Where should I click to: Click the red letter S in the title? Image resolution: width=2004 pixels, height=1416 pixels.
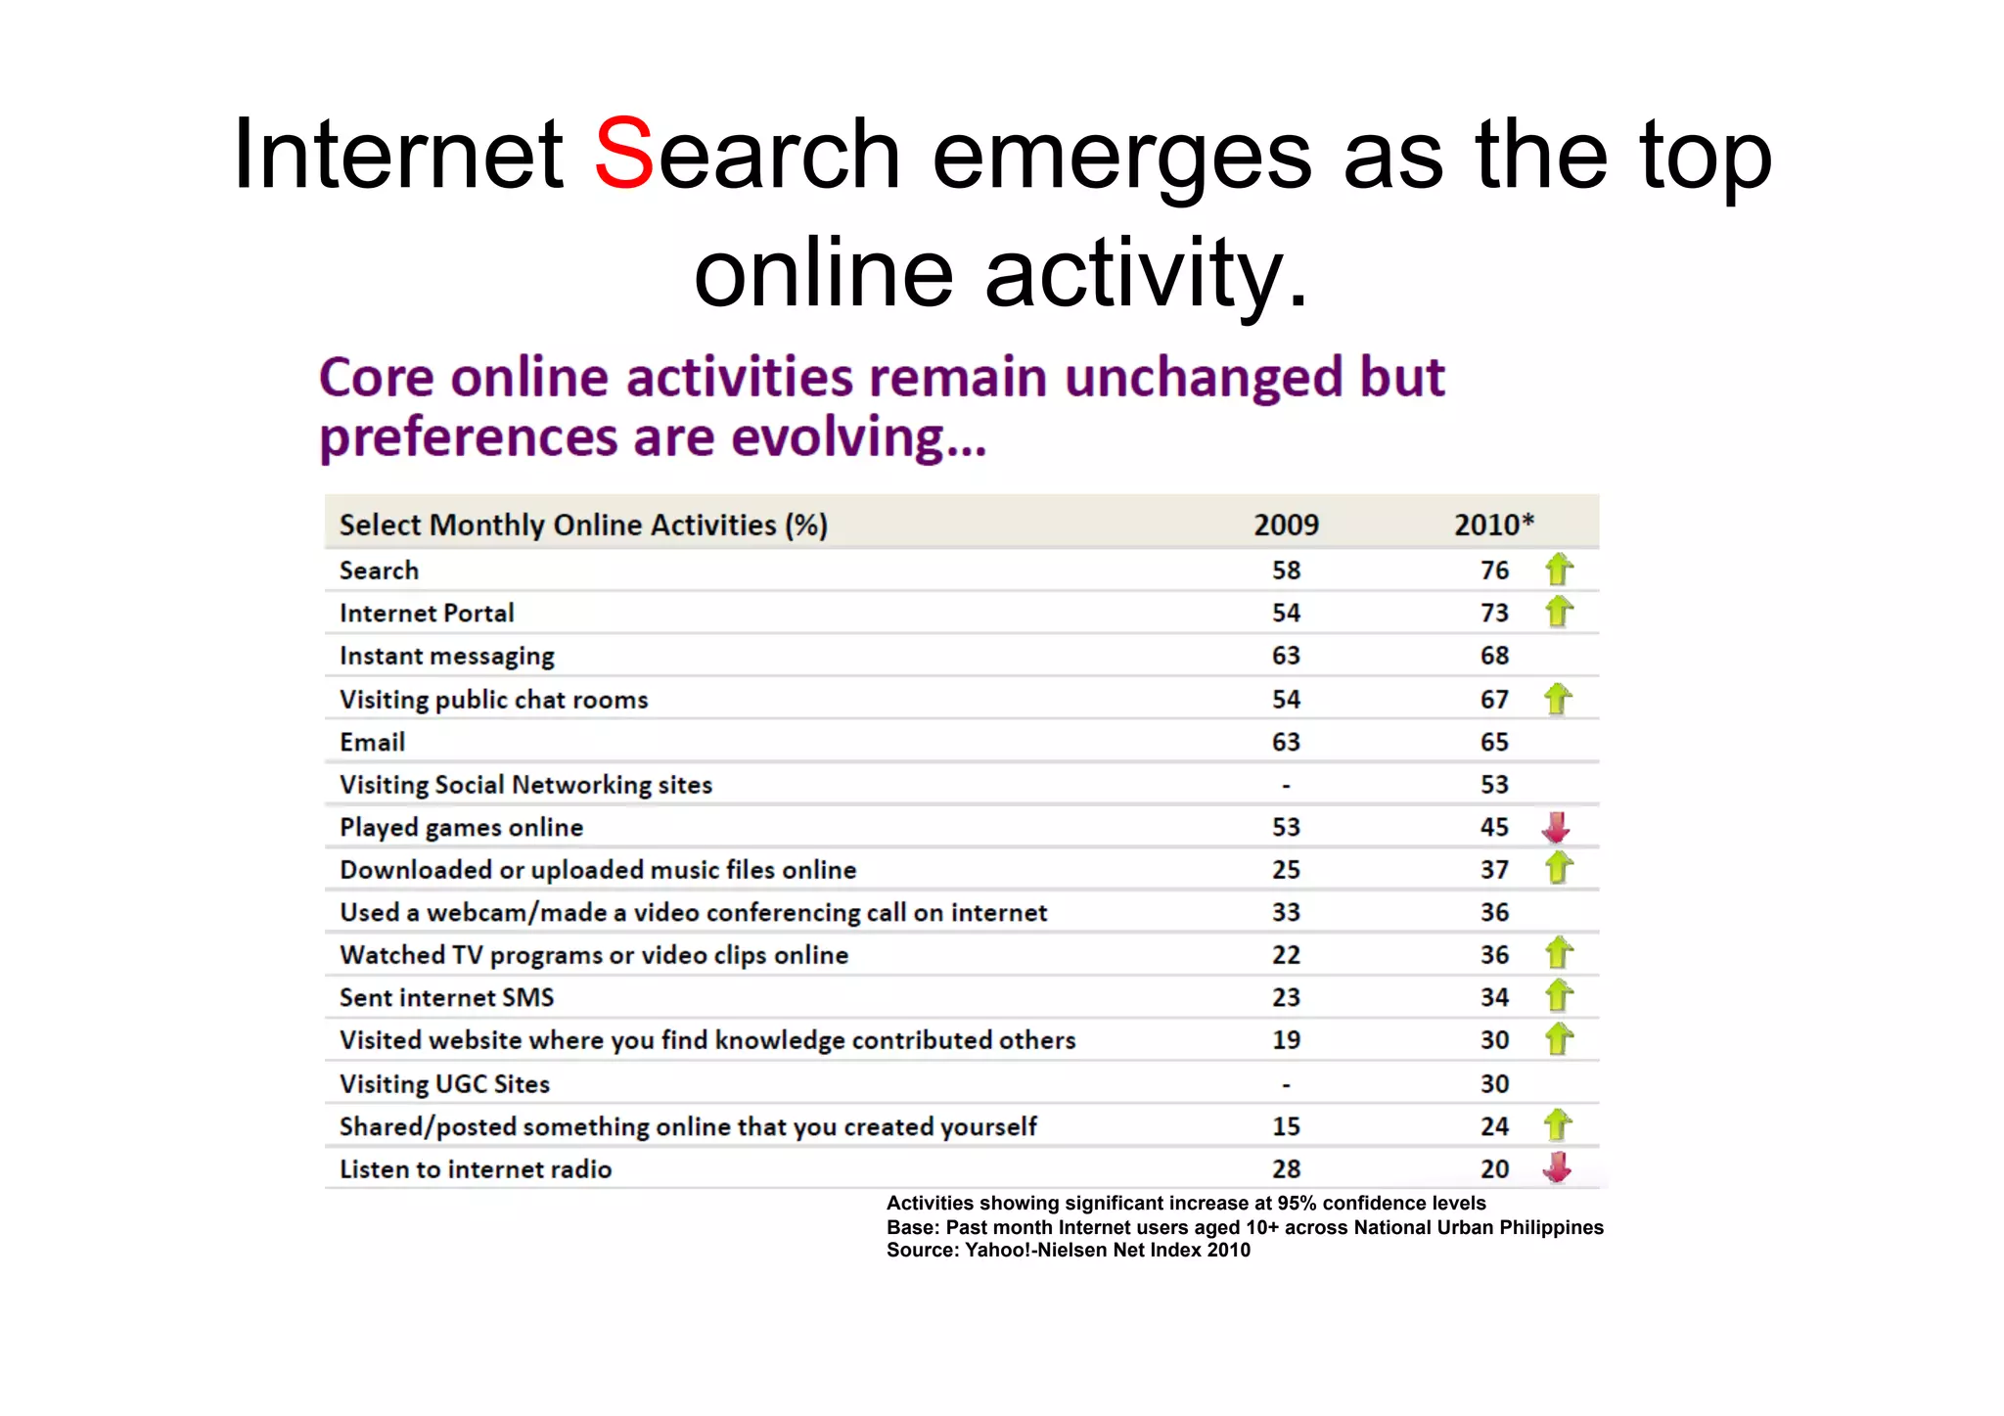click(x=623, y=154)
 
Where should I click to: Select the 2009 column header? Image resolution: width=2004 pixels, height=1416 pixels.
click(x=1286, y=525)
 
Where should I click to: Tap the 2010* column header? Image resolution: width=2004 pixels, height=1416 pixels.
click(x=1493, y=525)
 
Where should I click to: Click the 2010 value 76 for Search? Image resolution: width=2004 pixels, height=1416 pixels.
click(x=1494, y=571)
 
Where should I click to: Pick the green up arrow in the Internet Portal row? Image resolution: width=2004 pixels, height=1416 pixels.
click(x=1559, y=612)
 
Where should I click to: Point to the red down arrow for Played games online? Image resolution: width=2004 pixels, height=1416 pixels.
click(x=1556, y=828)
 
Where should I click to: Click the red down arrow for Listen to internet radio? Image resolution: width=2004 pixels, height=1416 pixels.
click(x=1556, y=1167)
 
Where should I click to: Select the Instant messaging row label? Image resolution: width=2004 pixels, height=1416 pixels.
click(x=447, y=656)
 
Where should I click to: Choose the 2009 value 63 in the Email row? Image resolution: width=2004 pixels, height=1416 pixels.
click(x=1286, y=743)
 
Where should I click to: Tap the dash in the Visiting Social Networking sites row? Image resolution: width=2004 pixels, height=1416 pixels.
click(x=1286, y=786)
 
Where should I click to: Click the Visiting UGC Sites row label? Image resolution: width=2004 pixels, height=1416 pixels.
click(x=444, y=1084)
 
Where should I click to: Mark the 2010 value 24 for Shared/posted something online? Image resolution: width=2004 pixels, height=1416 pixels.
click(x=1494, y=1127)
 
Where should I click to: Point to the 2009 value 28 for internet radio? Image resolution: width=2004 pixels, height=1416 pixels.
click(x=1286, y=1169)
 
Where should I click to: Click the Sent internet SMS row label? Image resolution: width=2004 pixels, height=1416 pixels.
click(x=446, y=998)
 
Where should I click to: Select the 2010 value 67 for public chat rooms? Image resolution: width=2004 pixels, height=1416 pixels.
click(x=1494, y=700)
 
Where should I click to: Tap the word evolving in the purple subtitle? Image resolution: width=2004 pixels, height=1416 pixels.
click(x=857, y=437)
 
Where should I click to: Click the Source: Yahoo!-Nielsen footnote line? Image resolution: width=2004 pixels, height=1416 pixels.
click(x=1068, y=1251)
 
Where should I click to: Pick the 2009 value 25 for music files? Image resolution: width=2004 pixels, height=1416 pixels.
click(x=1286, y=870)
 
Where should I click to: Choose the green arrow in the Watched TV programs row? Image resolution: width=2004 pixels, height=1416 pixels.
click(x=1559, y=953)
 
